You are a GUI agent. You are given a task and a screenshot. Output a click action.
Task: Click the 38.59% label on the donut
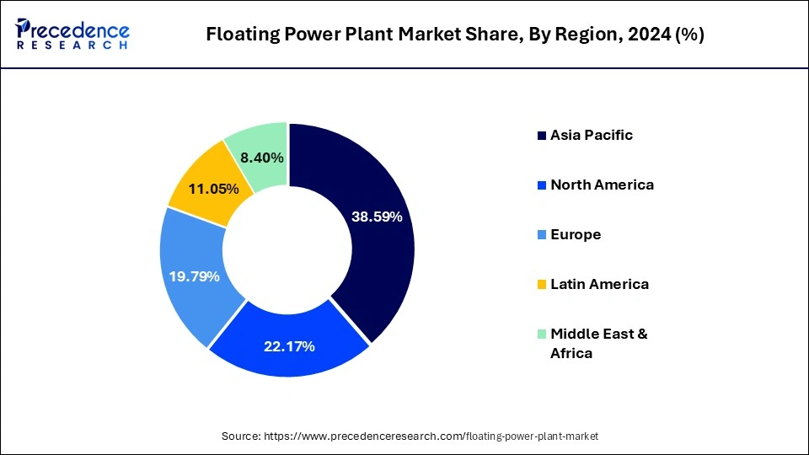377,217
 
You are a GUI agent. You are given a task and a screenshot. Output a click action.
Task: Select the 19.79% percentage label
195,276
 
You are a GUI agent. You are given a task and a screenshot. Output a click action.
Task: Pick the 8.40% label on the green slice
262,158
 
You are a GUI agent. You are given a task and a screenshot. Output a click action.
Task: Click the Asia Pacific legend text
591,135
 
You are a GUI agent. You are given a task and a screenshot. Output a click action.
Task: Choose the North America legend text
602,185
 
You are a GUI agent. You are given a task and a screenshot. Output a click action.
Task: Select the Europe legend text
576,234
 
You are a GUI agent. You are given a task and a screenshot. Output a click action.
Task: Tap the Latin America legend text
599,284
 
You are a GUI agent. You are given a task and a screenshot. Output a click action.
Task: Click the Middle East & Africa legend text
598,344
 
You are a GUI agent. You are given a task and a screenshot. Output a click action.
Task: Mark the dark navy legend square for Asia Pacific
541,136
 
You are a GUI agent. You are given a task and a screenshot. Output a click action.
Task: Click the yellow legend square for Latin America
541,285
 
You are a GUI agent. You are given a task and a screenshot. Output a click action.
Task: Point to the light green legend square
541,335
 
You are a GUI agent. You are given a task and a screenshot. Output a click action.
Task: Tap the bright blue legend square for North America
541,185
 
